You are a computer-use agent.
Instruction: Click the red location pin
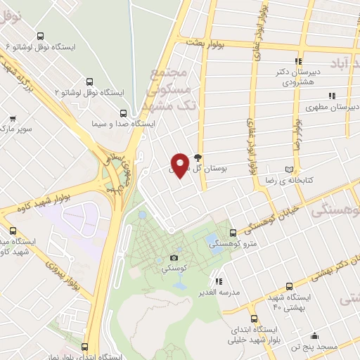point(180,165)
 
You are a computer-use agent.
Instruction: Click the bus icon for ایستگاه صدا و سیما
point(124,112)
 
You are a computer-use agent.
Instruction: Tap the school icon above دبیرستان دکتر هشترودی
point(299,61)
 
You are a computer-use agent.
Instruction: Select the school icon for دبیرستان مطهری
point(332,96)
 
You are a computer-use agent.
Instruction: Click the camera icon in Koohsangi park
point(174,258)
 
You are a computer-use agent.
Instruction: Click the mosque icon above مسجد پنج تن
point(314,335)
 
